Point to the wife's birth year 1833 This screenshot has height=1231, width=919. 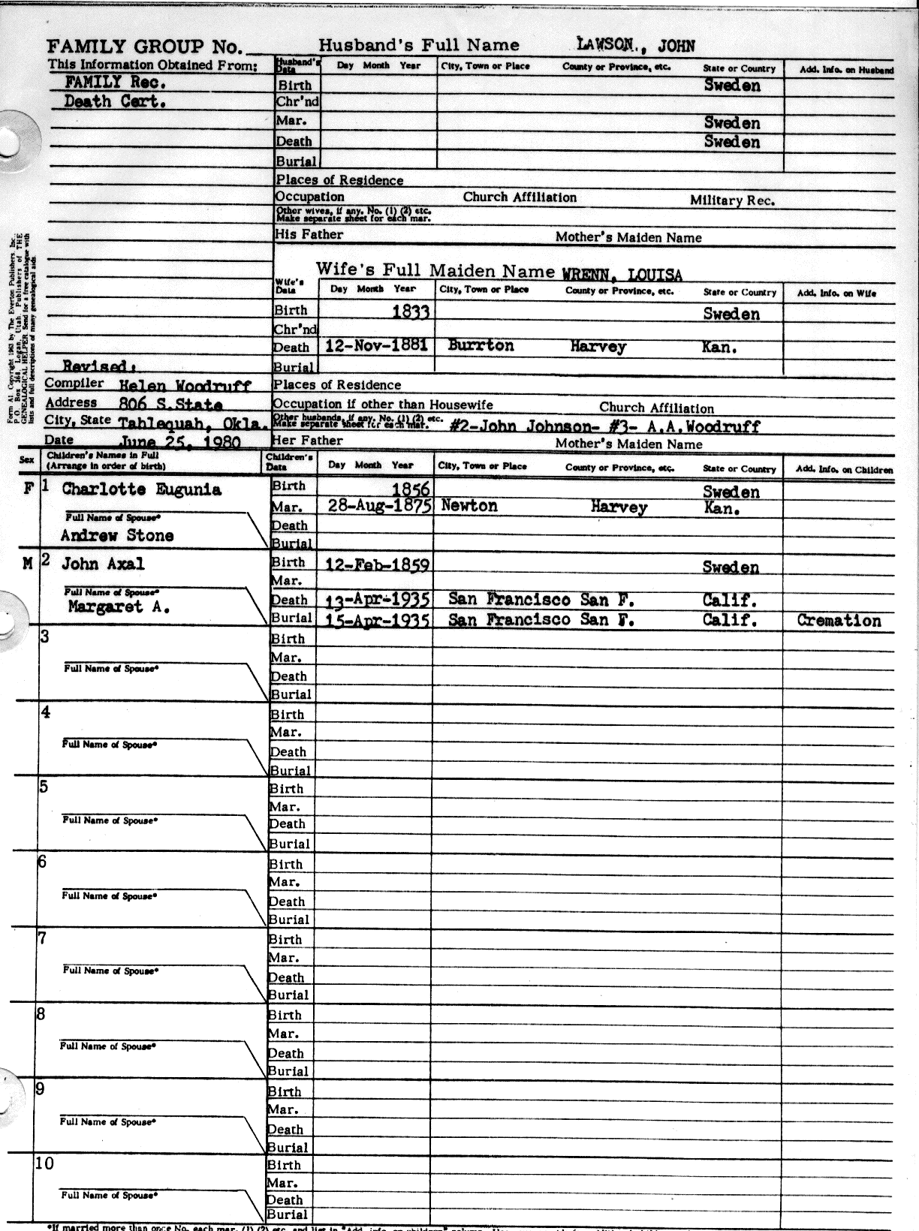(410, 312)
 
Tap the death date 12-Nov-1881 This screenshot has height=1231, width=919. (377, 345)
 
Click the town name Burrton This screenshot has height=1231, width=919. (481, 346)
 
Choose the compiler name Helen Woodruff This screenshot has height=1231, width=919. (185, 386)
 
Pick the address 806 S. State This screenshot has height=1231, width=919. (170, 405)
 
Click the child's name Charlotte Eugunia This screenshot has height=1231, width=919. (141, 489)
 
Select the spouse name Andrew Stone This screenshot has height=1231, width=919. (117, 536)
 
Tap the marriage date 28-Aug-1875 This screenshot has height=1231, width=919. (379, 506)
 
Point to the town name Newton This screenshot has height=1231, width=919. (469, 506)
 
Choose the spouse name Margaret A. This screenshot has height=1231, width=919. (119, 607)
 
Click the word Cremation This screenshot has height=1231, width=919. (839, 621)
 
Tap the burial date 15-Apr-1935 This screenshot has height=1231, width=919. (377, 621)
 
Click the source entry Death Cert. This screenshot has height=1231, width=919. (115, 101)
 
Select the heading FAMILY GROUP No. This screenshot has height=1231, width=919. (145, 47)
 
